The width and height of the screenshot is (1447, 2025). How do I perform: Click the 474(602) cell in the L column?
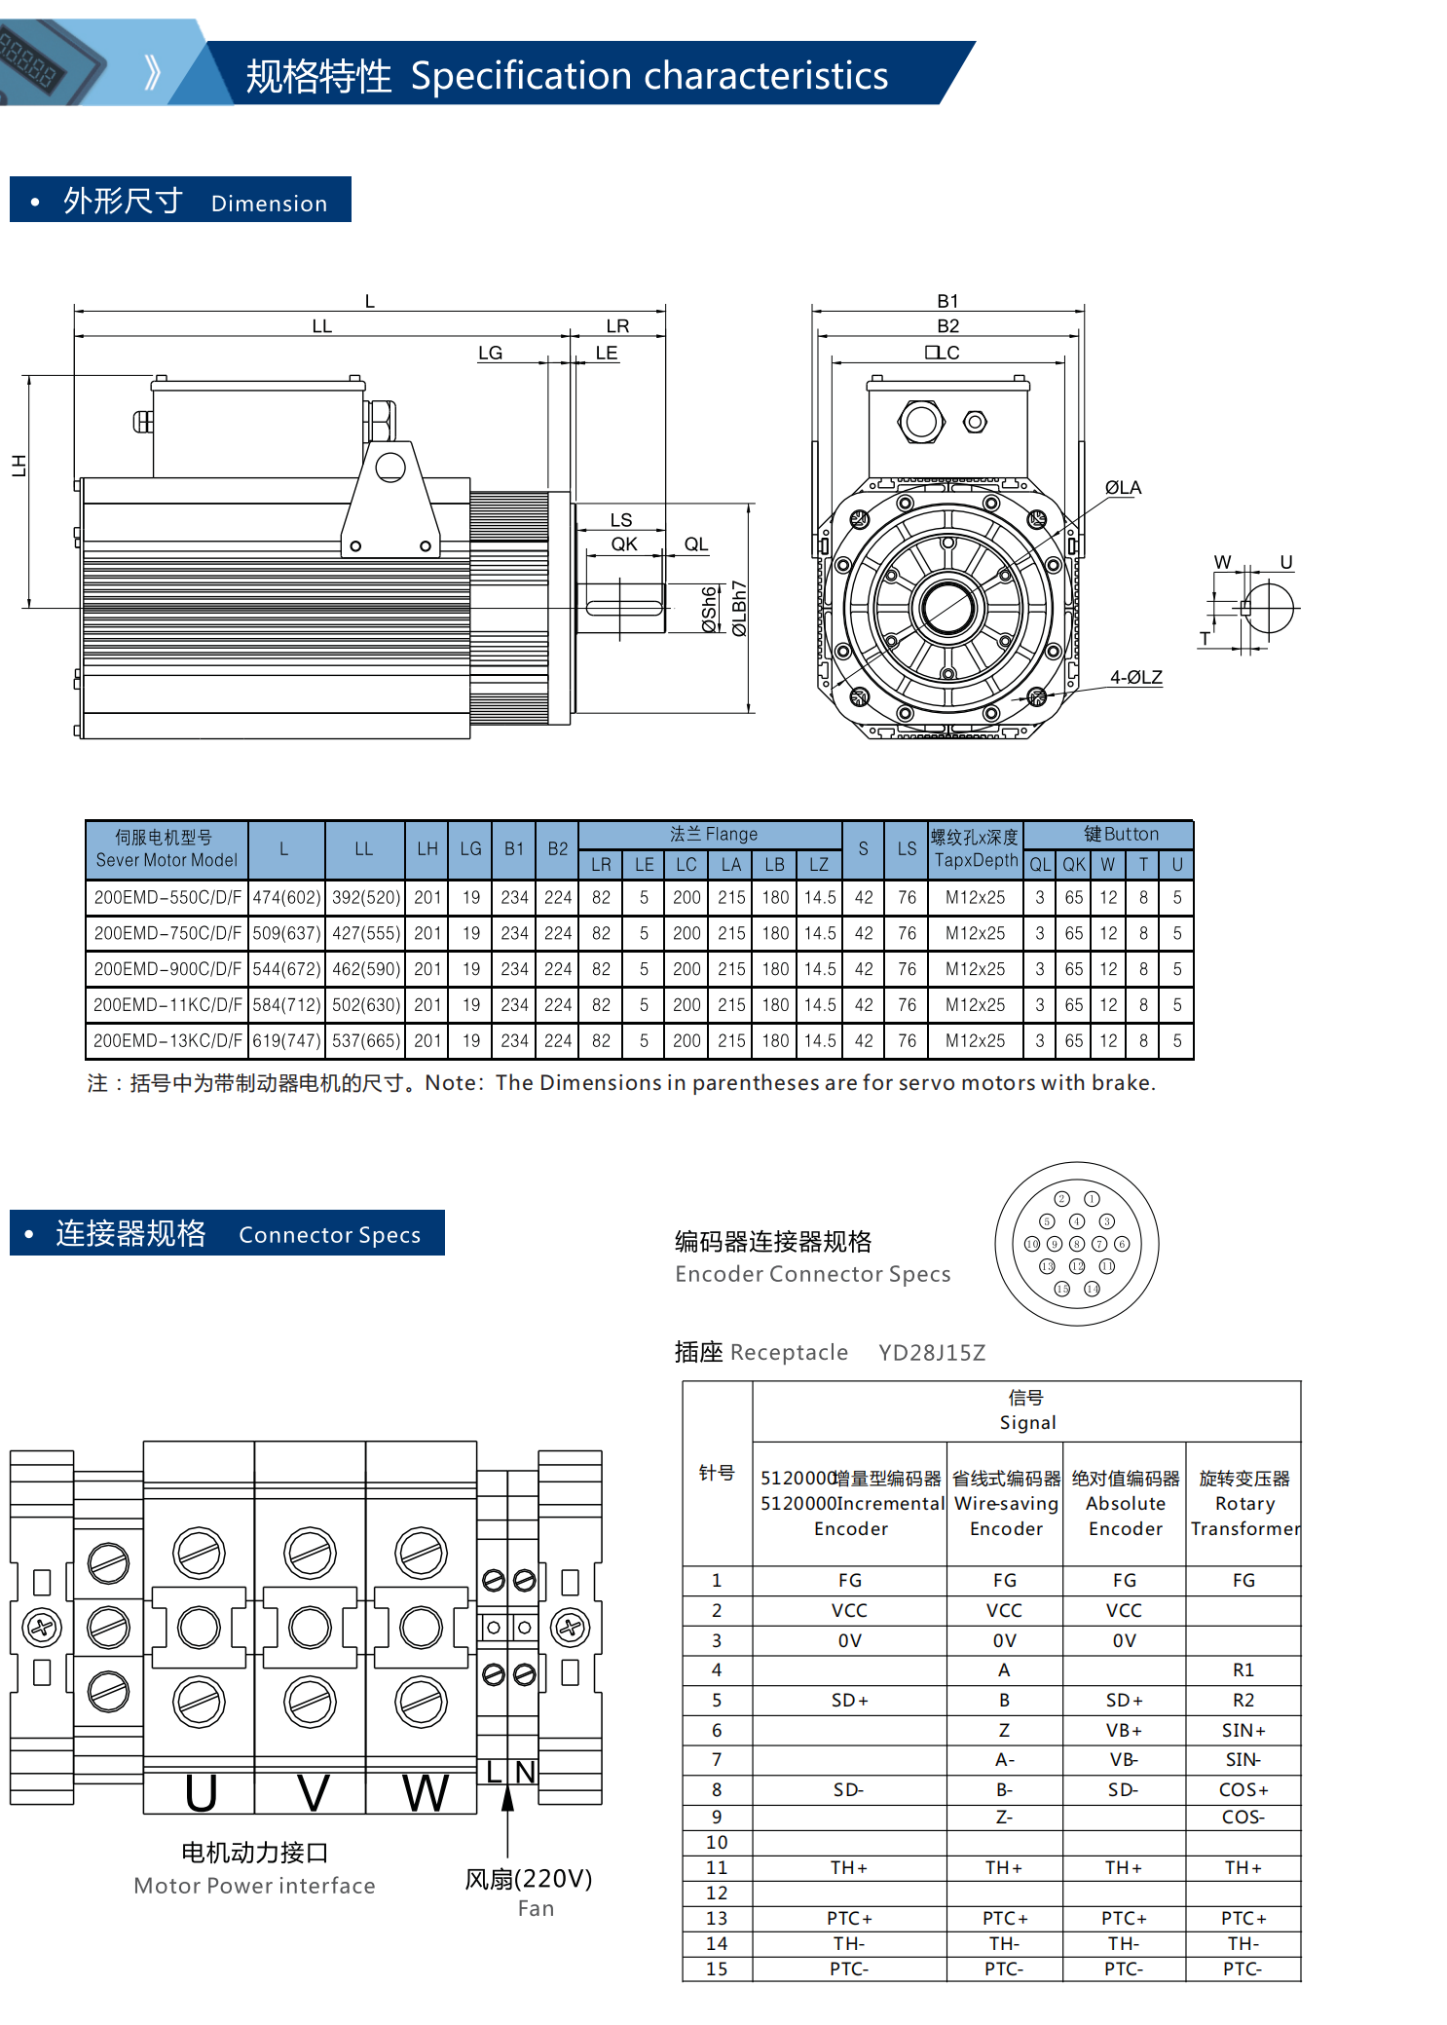[x=286, y=897]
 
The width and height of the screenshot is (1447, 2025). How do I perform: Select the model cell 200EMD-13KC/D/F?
[x=167, y=1040]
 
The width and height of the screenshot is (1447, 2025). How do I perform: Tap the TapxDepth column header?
[x=975, y=849]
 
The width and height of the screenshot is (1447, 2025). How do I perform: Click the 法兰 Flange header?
[x=713, y=834]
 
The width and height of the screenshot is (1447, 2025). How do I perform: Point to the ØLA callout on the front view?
[x=1123, y=488]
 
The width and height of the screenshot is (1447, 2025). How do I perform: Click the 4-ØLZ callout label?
[x=1135, y=677]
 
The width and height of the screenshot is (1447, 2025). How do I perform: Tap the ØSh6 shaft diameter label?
[x=710, y=609]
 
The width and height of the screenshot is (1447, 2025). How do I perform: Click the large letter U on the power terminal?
[x=201, y=1792]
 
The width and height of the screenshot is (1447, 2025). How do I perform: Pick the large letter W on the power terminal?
[x=426, y=1792]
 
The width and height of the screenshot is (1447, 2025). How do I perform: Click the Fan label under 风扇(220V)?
[x=536, y=1908]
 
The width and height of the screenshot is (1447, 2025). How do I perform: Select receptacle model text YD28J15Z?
[x=932, y=1352]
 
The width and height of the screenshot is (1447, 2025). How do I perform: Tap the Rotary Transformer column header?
[x=1244, y=1503]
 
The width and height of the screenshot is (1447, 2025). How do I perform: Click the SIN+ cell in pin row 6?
[x=1243, y=1730]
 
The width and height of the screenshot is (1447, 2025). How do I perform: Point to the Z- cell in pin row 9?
[x=1004, y=1817]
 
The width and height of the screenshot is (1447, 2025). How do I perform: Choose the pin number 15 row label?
[x=717, y=1969]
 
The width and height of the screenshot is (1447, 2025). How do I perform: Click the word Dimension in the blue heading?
[x=269, y=204]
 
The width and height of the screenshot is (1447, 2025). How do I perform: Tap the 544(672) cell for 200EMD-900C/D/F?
[x=286, y=969]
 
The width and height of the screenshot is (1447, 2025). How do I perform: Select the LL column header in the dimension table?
[x=364, y=849]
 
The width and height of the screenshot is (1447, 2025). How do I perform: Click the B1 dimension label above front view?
[x=947, y=301]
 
